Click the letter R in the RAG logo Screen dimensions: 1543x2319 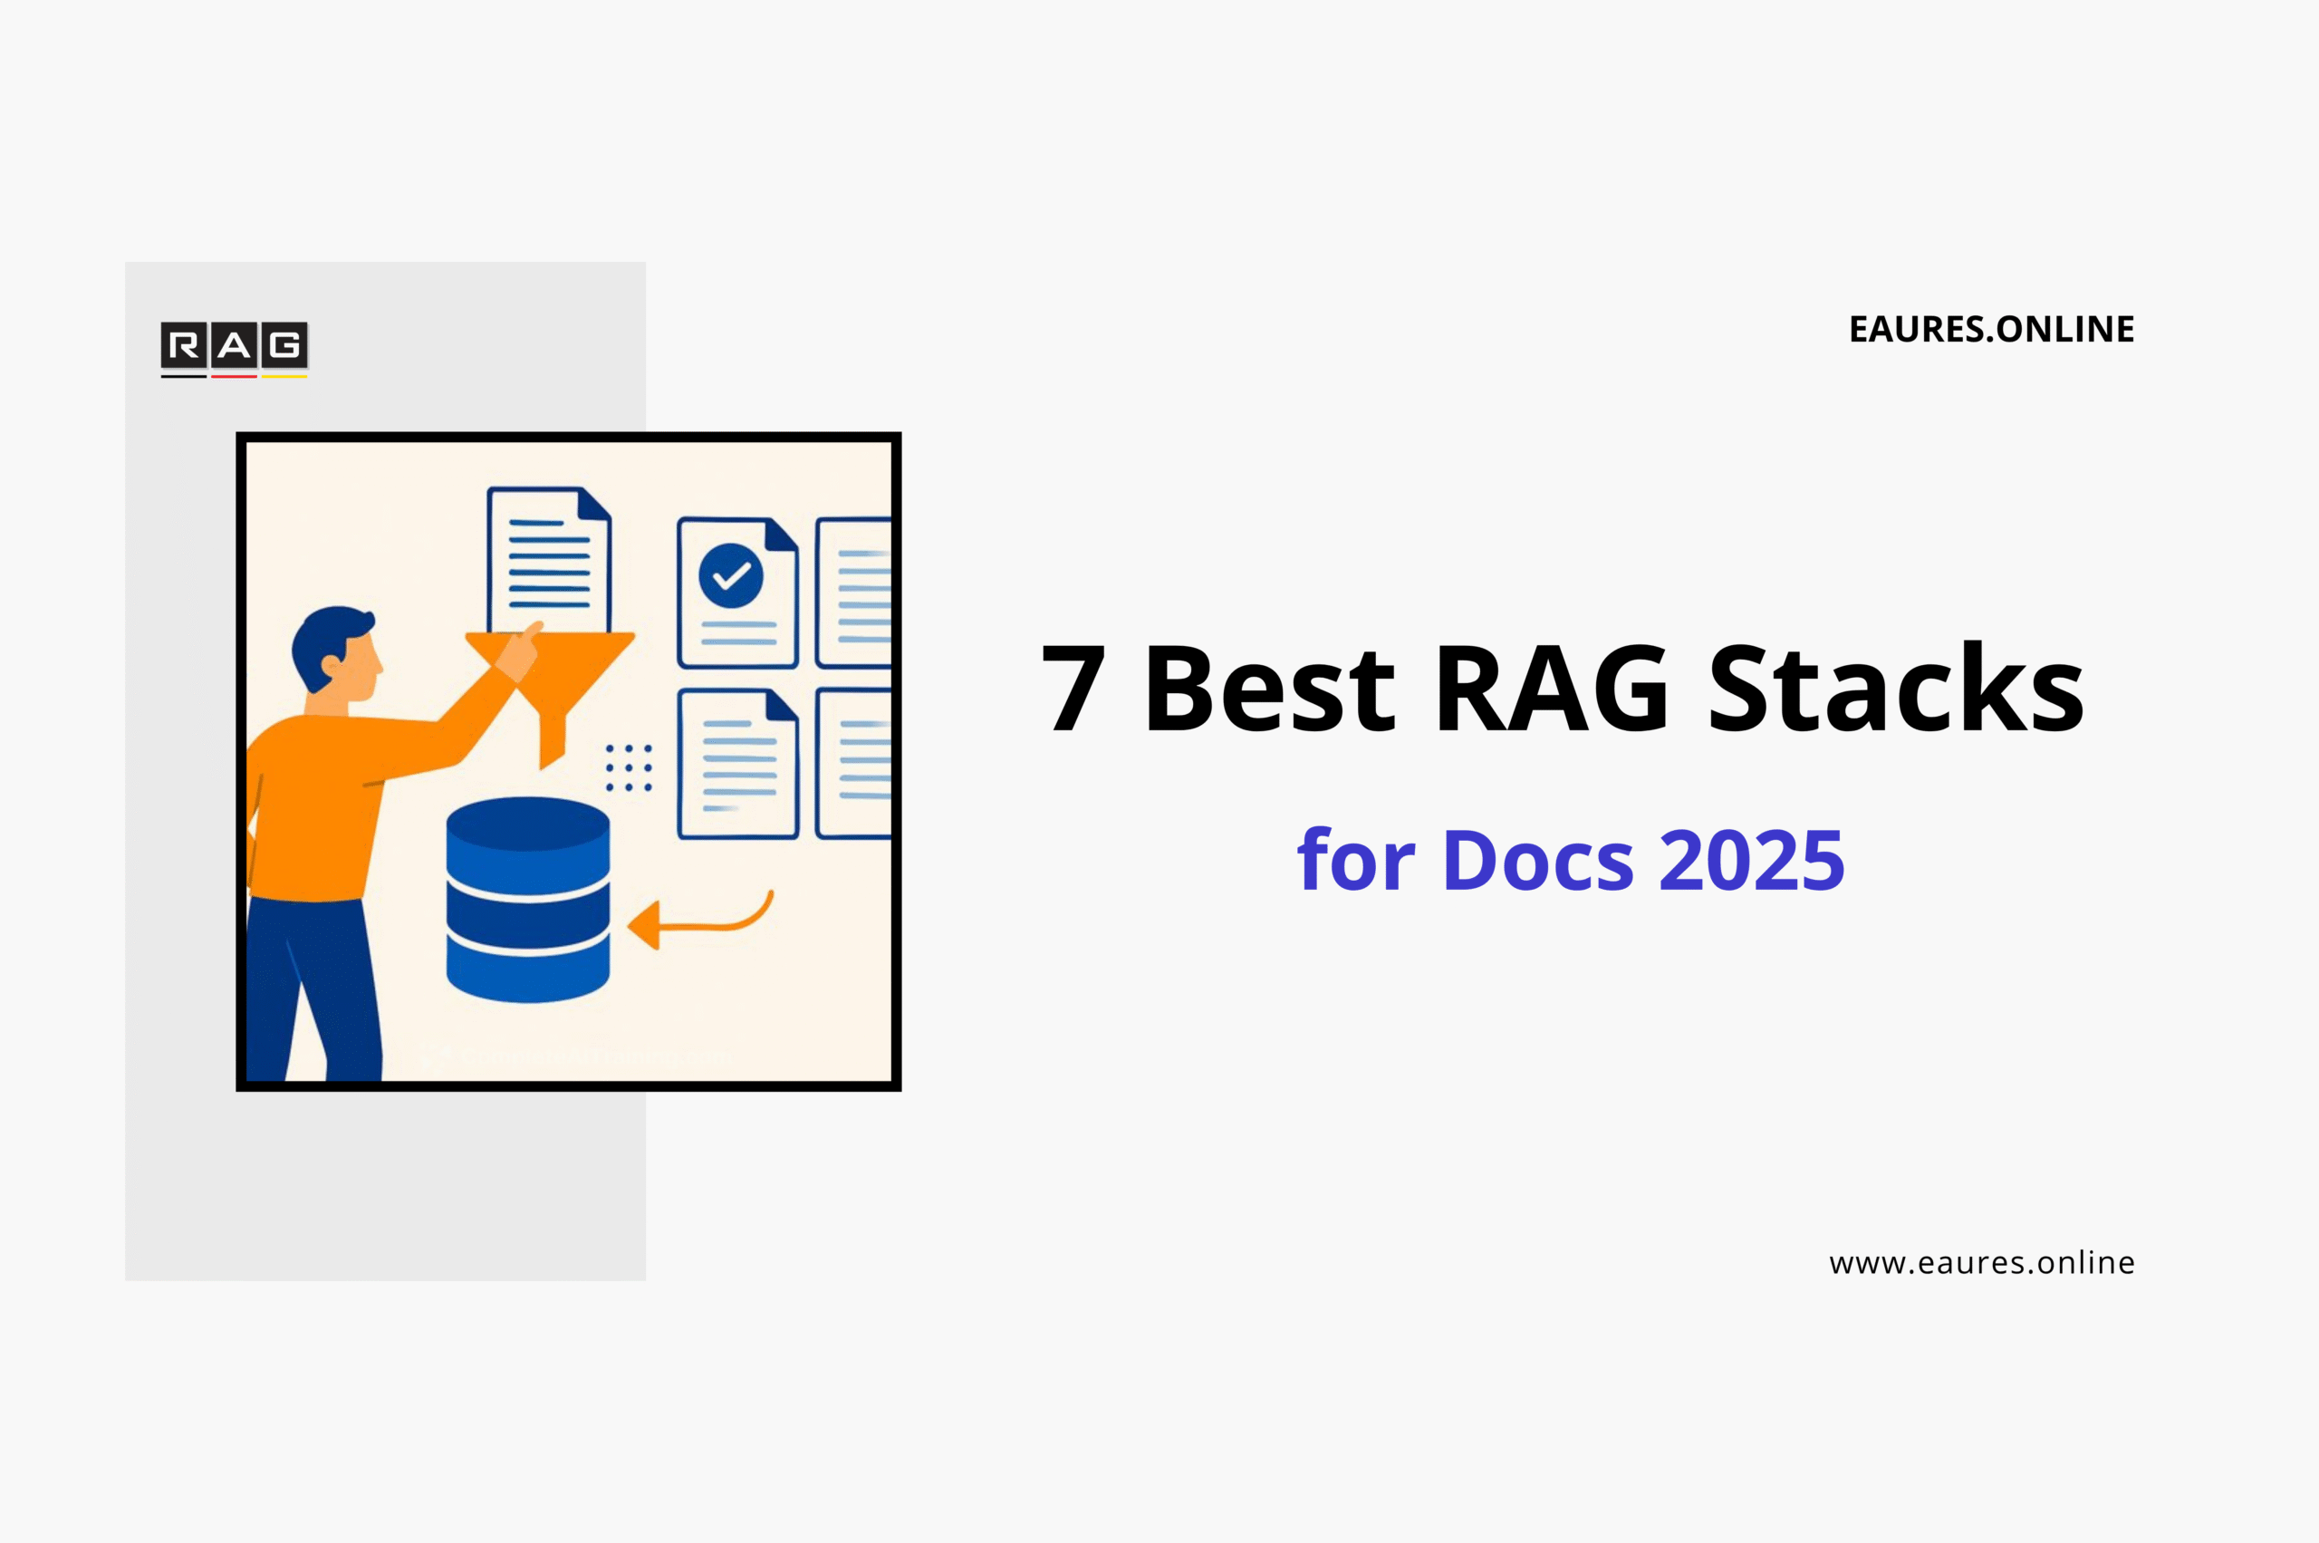click(x=184, y=345)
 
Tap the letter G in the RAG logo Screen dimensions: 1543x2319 click(x=285, y=345)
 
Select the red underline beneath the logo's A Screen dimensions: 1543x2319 click(x=234, y=376)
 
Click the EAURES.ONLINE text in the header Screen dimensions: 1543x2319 click(x=1991, y=330)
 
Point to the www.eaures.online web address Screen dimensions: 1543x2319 click(x=1981, y=1262)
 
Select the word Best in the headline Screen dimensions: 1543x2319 click(x=1269, y=688)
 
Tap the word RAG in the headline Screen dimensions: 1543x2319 click(x=1552, y=688)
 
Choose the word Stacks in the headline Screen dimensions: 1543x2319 click(x=1896, y=688)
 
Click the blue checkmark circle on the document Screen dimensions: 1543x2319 click(x=731, y=575)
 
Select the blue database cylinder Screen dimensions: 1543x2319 click(x=528, y=899)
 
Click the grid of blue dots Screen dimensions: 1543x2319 click(x=629, y=767)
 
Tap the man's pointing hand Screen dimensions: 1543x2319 click(x=518, y=651)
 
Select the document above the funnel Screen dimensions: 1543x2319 click(x=549, y=559)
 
